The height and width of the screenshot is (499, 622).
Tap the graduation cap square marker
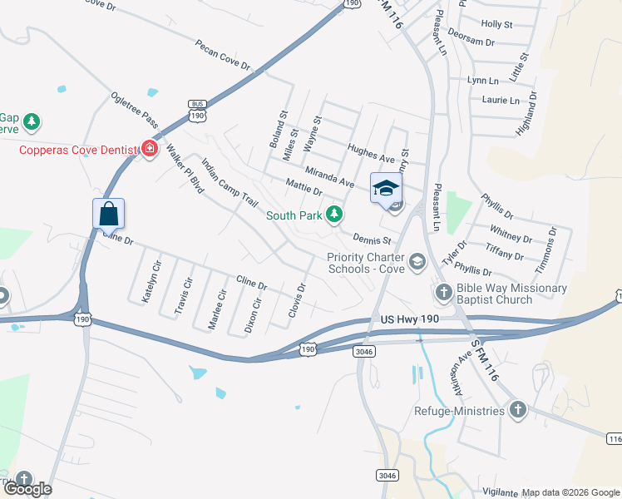tap(385, 187)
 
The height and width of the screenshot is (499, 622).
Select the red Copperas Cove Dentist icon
tap(150, 149)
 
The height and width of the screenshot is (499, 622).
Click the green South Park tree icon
tap(333, 215)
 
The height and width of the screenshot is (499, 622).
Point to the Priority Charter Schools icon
tap(417, 262)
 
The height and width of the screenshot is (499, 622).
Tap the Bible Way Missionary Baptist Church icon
tap(443, 293)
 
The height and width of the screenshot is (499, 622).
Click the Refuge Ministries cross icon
tap(517, 410)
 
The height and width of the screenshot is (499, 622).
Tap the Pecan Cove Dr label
tap(223, 54)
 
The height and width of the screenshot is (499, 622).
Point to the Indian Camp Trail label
tap(230, 184)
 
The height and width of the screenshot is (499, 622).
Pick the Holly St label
tap(496, 25)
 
